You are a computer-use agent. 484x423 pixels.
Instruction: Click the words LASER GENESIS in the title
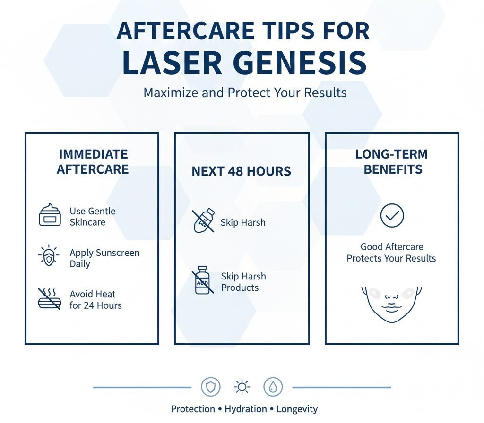pyautogui.click(x=244, y=63)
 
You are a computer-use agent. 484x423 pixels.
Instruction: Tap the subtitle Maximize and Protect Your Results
pyautogui.click(x=245, y=92)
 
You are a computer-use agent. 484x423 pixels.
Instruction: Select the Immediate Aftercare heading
pyautogui.click(x=93, y=162)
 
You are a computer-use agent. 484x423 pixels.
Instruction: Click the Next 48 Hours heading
pyautogui.click(x=241, y=171)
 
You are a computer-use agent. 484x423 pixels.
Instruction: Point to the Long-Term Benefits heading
pyautogui.click(x=391, y=162)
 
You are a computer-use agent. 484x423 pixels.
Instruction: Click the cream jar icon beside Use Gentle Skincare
pyautogui.click(x=50, y=215)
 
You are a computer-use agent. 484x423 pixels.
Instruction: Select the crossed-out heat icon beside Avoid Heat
pyautogui.click(x=49, y=299)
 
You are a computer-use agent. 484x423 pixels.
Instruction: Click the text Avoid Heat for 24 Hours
pyautogui.click(x=95, y=300)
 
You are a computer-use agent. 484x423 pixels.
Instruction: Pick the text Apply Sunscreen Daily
pyautogui.click(x=104, y=258)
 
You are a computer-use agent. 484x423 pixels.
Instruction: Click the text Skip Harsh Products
pyautogui.click(x=243, y=282)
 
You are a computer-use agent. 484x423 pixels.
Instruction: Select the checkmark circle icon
pyautogui.click(x=392, y=216)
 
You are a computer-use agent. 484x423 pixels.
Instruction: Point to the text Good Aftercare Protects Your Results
pyautogui.click(x=391, y=253)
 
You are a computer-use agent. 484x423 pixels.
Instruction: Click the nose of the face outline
pyautogui.click(x=391, y=297)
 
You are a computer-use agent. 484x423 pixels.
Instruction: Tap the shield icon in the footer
pyautogui.click(x=210, y=387)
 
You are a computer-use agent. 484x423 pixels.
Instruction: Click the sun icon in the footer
pyautogui.click(x=242, y=387)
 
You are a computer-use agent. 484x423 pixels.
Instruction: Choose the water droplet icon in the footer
pyautogui.click(x=273, y=387)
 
